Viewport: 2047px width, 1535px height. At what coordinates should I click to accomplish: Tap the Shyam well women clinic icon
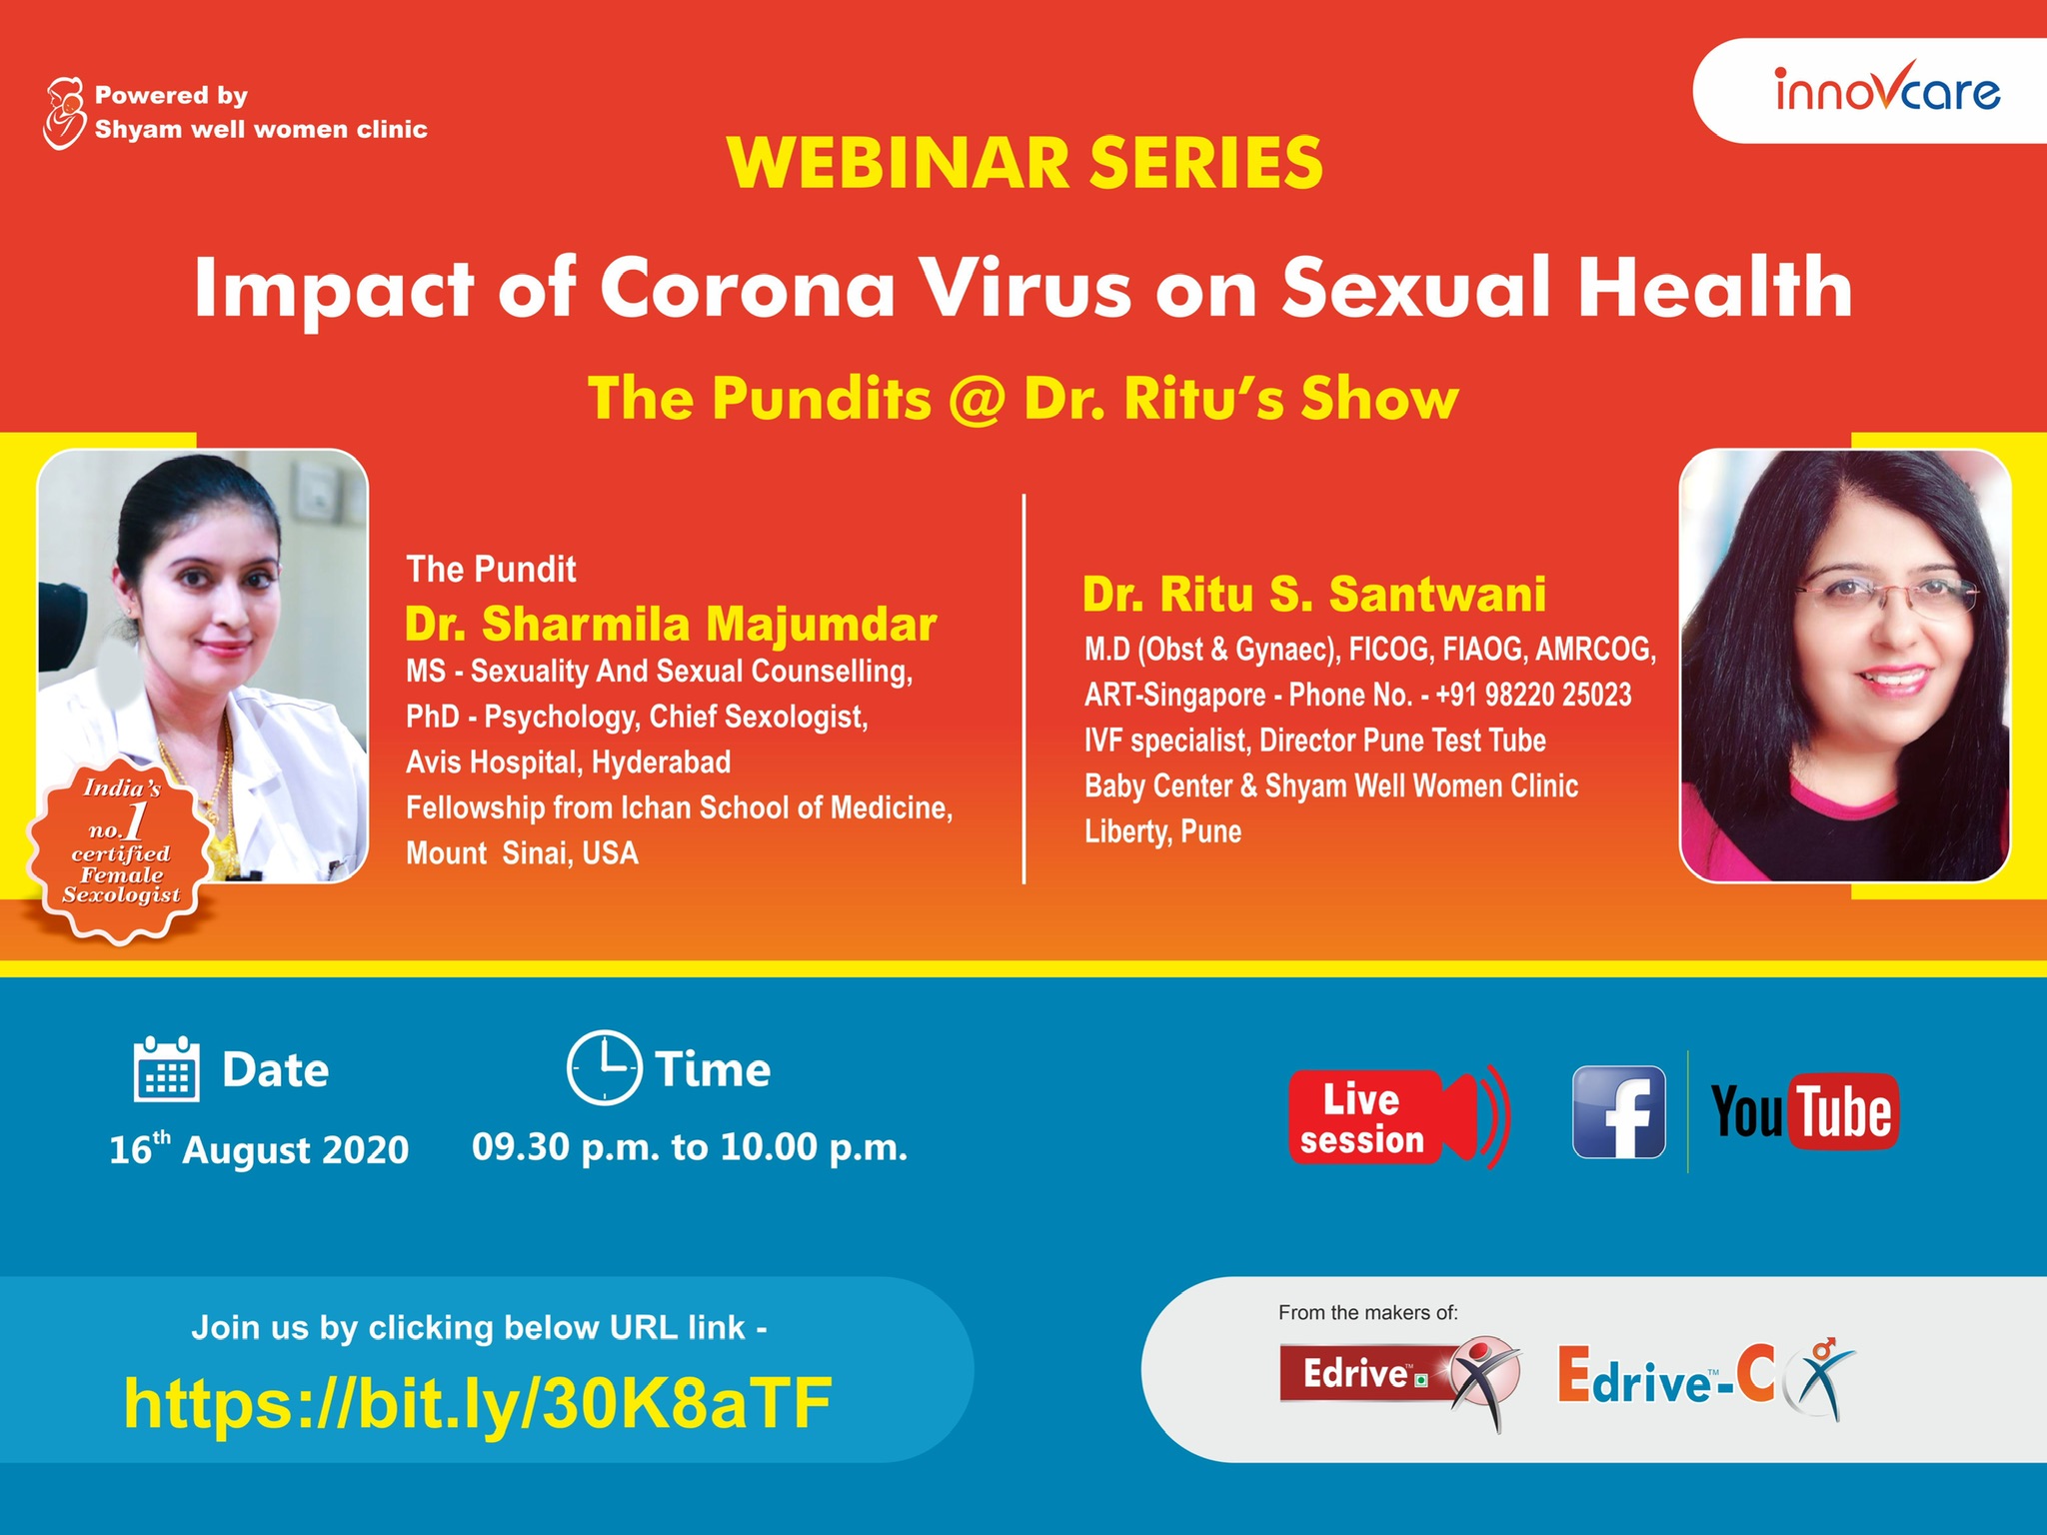click(x=64, y=113)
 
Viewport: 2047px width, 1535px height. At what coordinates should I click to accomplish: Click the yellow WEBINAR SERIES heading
click(x=1025, y=162)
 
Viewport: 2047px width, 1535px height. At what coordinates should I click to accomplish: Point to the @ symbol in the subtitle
click(x=979, y=399)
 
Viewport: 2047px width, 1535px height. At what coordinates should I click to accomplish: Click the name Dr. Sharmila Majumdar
click(x=671, y=624)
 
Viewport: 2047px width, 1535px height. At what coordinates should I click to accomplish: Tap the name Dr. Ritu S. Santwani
click(x=1314, y=594)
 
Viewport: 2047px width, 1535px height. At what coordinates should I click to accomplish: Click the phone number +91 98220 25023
click(x=1533, y=695)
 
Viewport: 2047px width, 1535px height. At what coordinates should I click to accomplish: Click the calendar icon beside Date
click(x=166, y=1069)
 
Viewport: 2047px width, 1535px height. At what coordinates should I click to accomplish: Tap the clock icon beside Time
click(x=604, y=1067)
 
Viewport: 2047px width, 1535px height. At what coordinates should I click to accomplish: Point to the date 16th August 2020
click(x=259, y=1148)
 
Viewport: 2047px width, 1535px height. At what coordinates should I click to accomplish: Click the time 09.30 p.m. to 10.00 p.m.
click(x=690, y=1147)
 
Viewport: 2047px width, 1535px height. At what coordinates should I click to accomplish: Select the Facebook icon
click(x=1619, y=1112)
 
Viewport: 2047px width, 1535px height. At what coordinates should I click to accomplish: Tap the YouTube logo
click(x=1805, y=1111)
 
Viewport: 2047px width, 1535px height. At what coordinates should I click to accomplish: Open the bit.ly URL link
click(x=478, y=1403)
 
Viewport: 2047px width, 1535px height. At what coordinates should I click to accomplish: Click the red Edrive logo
click(x=1400, y=1380)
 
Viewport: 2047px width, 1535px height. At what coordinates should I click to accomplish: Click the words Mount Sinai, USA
click(x=522, y=853)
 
